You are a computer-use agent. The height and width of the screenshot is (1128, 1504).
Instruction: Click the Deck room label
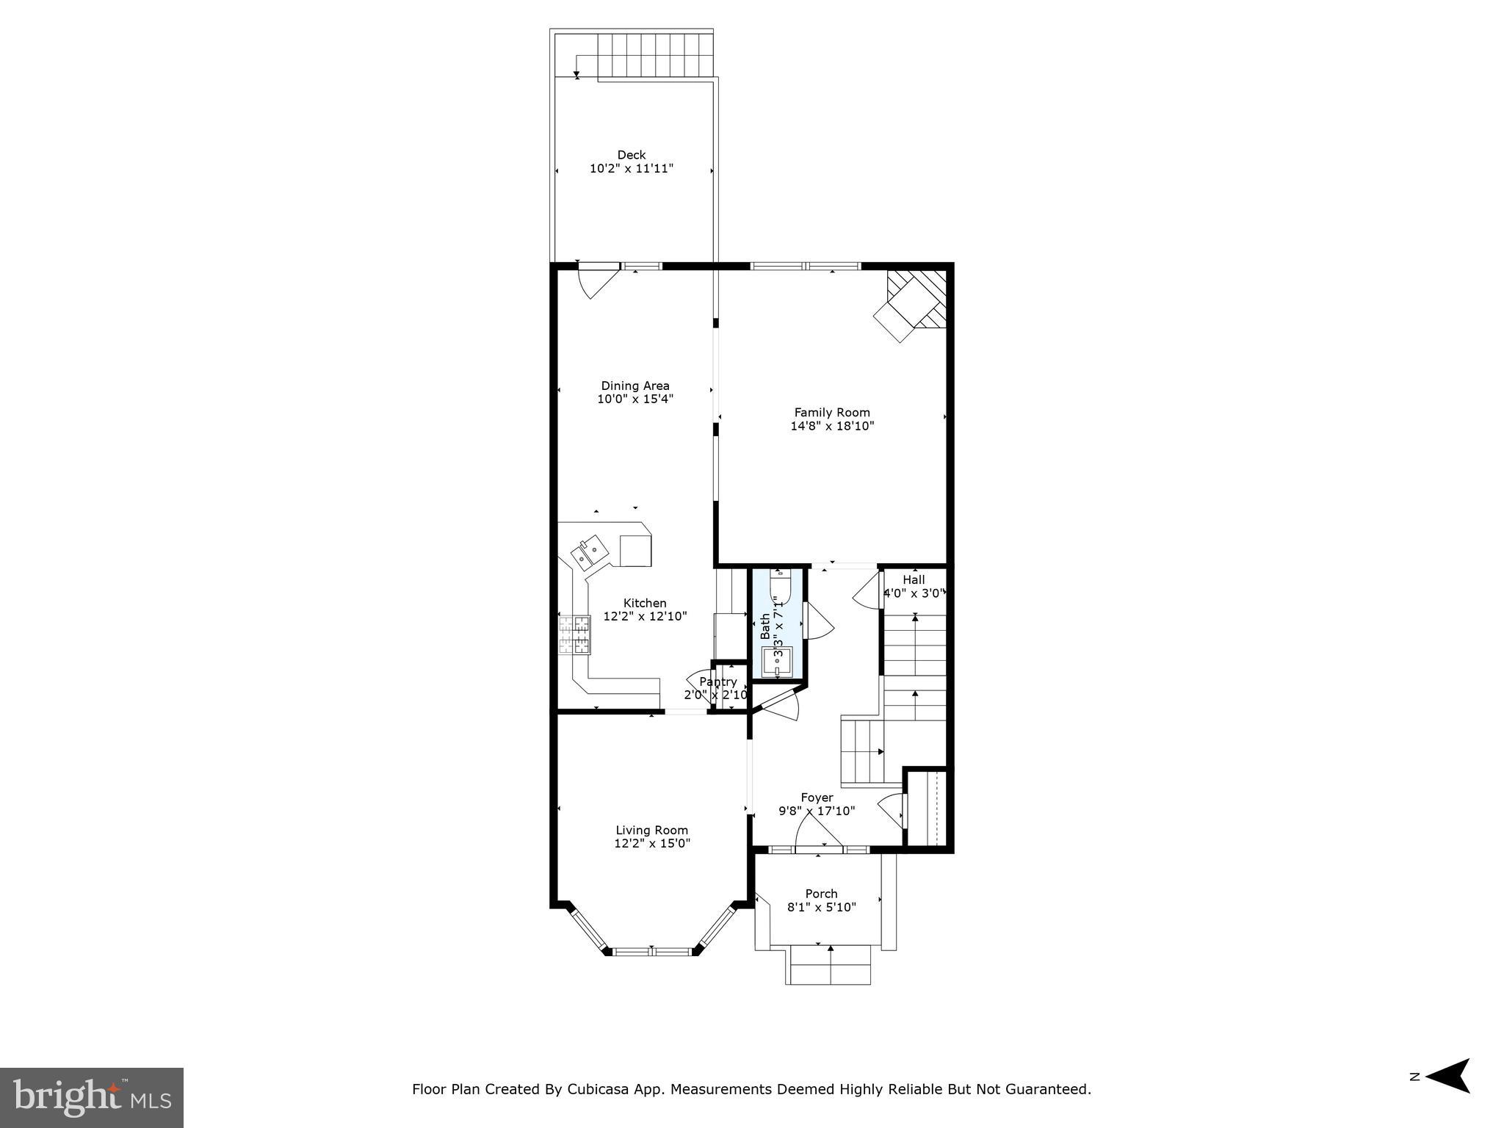click(631, 155)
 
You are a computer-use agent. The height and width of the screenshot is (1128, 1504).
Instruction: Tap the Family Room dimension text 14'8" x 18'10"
click(832, 426)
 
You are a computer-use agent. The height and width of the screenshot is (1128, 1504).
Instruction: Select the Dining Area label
click(635, 386)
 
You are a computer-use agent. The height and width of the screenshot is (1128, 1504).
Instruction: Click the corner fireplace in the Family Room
click(913, 305)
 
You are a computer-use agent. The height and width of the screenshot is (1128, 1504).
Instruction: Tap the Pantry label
click(717, 682)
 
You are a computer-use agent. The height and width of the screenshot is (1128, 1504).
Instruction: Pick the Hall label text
click(914, 579)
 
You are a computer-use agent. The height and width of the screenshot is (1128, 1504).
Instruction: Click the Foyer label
click(817, 798)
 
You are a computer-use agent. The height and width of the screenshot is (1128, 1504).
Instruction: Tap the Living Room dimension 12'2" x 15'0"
click(652, 844)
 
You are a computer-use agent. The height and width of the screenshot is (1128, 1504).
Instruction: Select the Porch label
click(821, 894)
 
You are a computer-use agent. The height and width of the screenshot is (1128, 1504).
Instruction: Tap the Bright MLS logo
click(91, 1097)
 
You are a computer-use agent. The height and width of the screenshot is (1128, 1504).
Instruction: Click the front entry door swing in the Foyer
click(817, 834)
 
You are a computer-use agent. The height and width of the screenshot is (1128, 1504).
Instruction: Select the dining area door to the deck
click(596, 283)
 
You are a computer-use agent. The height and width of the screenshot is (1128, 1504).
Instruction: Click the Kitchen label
click(645, 603)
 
